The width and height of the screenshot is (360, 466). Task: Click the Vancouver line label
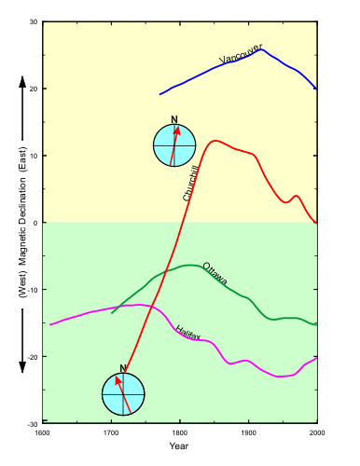pos(241,54)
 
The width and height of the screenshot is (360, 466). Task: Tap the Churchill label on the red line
pos(191,183)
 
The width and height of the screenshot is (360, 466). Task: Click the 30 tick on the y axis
pos(33,21)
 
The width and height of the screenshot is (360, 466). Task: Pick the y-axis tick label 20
pos(33,89)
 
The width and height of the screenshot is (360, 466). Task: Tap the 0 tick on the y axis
pos(35,223)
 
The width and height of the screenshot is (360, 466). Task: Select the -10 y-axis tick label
pos(32,290)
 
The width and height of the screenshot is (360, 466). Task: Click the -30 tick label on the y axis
pos(32,423)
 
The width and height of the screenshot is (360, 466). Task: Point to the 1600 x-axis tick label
pos(42,432)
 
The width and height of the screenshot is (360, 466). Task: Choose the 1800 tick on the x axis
pos(180,432)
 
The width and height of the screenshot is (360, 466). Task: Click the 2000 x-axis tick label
pos(317,432)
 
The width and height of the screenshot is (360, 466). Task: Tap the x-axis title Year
pos(179,445)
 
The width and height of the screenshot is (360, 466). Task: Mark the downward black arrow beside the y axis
pos(21,340)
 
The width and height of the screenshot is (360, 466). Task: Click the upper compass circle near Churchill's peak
pos(175,145)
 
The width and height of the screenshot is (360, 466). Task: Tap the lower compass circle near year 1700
pos(124,395)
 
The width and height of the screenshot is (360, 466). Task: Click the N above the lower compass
pos(122,368)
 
